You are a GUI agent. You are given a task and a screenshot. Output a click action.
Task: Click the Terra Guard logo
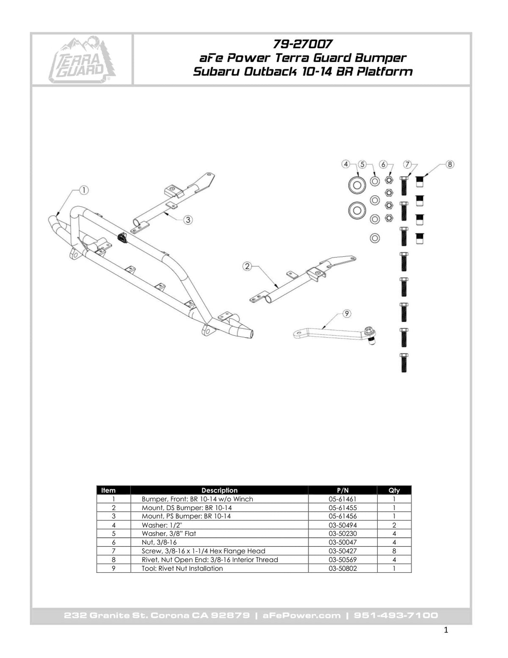coord(82,59)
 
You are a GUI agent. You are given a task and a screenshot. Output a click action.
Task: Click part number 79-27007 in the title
coord(302,44)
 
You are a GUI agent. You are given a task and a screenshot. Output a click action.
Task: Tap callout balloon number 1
coord(84,191)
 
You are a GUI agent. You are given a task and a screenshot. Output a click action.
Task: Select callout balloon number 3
coord(188,219)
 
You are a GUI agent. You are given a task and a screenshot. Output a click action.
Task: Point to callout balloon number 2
coord(248,267)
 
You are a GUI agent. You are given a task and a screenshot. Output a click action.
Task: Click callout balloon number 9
coord(347,314)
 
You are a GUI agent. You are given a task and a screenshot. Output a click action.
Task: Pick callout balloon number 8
coord(450,164)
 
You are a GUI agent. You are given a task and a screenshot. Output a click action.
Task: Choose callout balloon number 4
coord(346,164)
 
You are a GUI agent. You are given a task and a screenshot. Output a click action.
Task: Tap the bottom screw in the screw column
coord(404,362)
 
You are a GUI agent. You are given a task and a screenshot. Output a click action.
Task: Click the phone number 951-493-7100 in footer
coord(396,616)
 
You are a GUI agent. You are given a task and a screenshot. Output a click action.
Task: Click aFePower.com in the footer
coord(302,616)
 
